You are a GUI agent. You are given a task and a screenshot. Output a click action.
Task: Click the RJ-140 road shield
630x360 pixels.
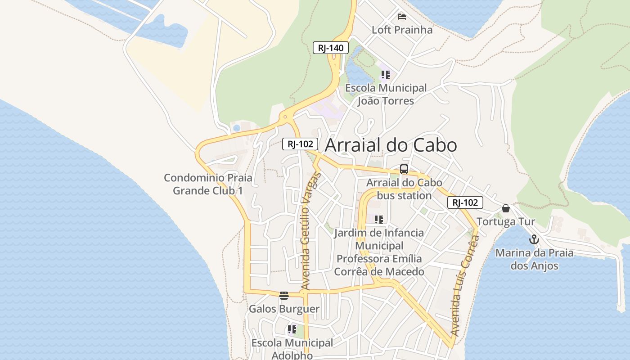(x=331, y=48)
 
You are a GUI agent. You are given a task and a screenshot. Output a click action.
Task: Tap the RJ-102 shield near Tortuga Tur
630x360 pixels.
(x=465, y=202)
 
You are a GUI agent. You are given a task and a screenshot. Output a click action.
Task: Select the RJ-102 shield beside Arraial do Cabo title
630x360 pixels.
(x=300, y=144)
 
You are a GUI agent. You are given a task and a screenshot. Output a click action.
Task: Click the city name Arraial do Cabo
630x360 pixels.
(x=391, y=145)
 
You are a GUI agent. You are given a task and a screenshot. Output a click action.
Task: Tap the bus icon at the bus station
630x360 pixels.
(x=404, y=170)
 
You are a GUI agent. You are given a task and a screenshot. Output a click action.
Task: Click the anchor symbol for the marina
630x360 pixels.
(x=534, y=239)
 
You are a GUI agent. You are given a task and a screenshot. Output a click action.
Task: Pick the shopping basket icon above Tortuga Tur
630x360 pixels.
(x=506, y=208)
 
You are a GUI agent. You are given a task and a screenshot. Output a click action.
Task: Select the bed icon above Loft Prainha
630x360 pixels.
(x=402, y=17)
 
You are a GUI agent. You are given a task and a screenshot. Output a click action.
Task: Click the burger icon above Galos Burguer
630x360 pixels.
(x=283, y=296)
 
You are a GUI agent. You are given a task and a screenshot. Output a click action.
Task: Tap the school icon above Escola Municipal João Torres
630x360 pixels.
(x=385, y=75)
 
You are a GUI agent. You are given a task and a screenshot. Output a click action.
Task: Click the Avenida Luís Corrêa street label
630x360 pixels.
(x=464, y=288)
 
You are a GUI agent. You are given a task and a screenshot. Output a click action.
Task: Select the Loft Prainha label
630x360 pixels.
(x=402, y=30)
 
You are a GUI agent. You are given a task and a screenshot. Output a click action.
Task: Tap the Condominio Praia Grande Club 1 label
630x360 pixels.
(x=208, y=184)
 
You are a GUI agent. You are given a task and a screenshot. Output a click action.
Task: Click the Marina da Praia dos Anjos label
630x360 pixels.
(x=534, y=259)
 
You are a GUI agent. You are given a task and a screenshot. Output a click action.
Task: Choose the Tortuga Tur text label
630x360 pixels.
(x=506, y=221)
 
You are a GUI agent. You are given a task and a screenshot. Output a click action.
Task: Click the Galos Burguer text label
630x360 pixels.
(x=284, y=309)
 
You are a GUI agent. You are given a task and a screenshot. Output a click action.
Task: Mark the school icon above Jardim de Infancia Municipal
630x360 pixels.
(x=379, y=220)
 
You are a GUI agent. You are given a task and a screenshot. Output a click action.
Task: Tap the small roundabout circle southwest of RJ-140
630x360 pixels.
(x=285, y=117)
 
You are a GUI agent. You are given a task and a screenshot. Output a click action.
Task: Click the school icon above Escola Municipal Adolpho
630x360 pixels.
(x=292, y=330)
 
